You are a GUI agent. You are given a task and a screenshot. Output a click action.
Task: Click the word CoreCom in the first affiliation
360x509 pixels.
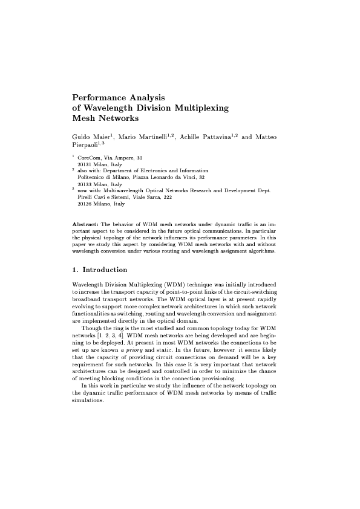pyautogui.click(x=90, y=158)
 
